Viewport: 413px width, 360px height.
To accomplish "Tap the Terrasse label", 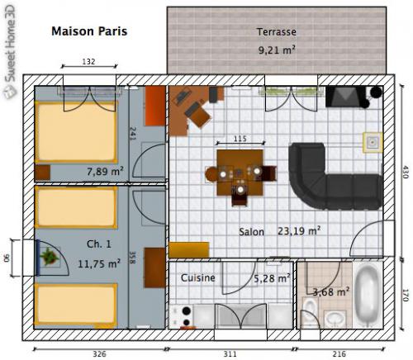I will (276, 32).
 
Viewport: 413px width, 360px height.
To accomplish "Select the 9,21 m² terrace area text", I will (276, 50).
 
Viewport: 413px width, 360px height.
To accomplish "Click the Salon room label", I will (252, 232).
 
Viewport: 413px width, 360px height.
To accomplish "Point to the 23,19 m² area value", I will (299, 231).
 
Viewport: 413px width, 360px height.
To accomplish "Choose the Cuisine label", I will (197, 278).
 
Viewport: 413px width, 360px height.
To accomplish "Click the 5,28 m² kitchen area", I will (272, 278).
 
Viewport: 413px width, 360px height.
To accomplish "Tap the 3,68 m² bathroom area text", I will (330, 291).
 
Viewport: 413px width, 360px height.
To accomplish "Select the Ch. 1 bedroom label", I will (97, 246).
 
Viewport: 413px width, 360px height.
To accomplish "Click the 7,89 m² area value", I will (105, 171).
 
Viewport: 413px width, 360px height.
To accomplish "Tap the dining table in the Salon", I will (240, 169).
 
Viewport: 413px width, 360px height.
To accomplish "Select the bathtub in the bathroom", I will (368, 293).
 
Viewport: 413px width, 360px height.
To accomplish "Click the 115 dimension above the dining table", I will (240, 138).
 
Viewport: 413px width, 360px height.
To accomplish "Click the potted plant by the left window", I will (51, 258).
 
